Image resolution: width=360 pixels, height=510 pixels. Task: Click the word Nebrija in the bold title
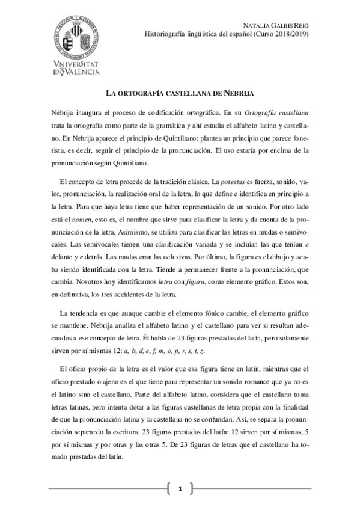coord(237,94)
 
